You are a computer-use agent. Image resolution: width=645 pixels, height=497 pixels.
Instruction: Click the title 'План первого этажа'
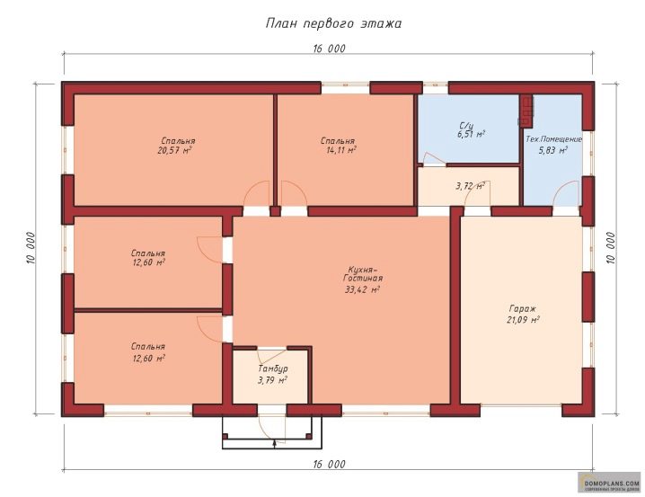(333, 23)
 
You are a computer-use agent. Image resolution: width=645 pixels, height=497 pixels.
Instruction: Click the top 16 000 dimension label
(329, 49)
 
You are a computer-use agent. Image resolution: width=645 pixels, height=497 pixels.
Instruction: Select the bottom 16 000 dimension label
(329, 465)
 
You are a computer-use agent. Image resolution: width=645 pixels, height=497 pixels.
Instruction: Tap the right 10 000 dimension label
(611, 248)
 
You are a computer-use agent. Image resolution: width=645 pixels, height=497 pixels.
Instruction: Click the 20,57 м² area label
(175, 150)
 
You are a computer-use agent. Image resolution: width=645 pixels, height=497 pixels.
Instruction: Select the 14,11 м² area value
(341, 150)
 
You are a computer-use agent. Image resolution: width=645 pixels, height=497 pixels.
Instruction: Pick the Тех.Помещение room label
(553, 139)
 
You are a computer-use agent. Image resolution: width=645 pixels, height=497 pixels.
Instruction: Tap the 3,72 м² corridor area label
(470, 186)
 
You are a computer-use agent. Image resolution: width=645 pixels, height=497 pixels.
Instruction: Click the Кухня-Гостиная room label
(362, 274)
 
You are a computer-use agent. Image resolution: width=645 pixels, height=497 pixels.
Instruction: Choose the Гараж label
(523, 308)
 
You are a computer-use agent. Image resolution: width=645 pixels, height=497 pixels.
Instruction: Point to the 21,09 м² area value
(523, 320)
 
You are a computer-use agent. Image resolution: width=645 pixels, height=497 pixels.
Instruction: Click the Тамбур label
(273, 368)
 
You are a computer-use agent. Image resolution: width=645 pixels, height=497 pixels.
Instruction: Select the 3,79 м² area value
(272, 380)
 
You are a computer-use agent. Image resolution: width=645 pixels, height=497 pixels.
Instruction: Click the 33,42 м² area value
(362, 289)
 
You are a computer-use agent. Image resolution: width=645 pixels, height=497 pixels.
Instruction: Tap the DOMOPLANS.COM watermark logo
(609, 483)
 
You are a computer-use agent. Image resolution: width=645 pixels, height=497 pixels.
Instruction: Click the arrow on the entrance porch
(274, 443)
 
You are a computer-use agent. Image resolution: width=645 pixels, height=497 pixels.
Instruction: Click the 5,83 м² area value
(552, 150)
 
